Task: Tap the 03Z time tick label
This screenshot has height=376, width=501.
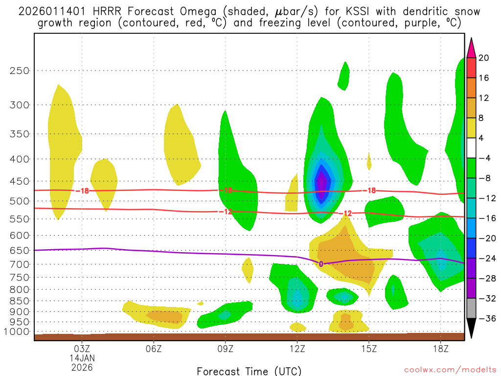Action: pyautogui.click(x=82, y=349)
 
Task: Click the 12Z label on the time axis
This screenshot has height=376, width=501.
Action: pyautogui.click(x=297, y=349)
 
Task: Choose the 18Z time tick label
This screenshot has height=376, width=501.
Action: pyautogui.click(x=440, y=349)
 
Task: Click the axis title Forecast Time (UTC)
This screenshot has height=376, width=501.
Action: pyautogui.click(x=249, y=371)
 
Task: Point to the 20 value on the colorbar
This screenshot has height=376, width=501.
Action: pyautogui.click(x=484, y=58)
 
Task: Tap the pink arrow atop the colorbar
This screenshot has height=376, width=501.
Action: pyautogui.click(x=471, y=47)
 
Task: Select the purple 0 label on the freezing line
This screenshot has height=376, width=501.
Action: pyautogui.click(x=321, y=264)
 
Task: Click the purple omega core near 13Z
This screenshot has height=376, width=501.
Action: pyautogui.click(x=321, y=184)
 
